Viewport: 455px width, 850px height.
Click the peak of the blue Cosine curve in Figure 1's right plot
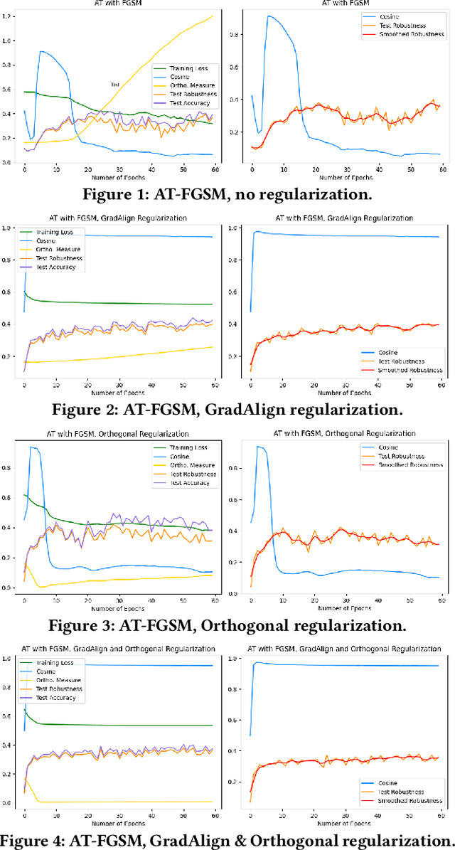pyautogui.click(x=268, y=16)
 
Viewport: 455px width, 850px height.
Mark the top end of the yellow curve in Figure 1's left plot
pyautogui.click(x=212, y=16)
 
